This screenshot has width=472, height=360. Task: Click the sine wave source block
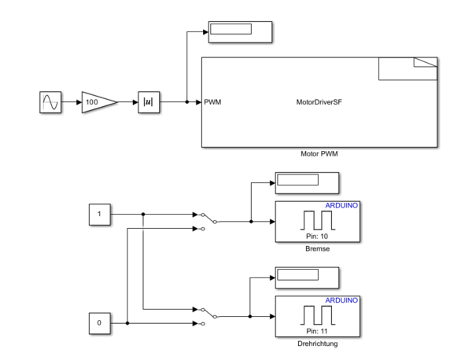click(50, 102)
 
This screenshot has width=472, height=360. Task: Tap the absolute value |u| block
click(149, 102)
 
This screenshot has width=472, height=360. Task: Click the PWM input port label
click(212, 102)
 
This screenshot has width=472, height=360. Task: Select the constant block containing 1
click(100, 213)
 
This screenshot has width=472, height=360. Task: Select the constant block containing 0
click(100, 323)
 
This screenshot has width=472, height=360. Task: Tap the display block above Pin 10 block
click(306, 182)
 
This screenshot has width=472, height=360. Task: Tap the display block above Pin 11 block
click(306, 277)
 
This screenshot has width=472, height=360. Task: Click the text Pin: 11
click(316, 331)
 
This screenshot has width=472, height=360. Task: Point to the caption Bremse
click(317, 249)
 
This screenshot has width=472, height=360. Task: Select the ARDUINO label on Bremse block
click(341, 206)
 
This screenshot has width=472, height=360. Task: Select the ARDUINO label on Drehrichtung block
click(341, 301)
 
